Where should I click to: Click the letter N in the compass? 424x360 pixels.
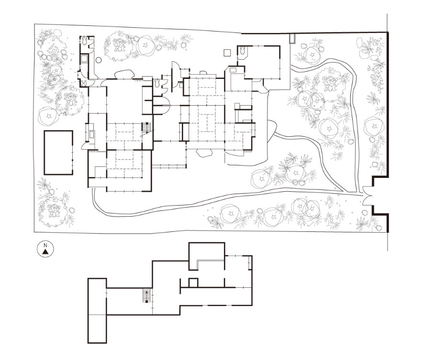(45, 245)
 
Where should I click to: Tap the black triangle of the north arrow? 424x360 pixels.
(45, 252)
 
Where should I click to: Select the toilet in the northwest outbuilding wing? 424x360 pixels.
(84, 41)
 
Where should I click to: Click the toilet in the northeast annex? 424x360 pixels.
(242, 50)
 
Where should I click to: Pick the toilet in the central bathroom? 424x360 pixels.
(157, 83)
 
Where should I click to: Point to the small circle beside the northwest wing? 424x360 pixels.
(99, 60)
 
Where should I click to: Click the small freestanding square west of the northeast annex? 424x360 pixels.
(227, 53)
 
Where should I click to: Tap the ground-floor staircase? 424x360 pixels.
(146, 127)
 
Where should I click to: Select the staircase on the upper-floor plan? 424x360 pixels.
(146, 295)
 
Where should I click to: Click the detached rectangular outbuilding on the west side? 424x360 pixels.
(58, 153)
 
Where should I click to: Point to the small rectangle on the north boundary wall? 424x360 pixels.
(292, 38)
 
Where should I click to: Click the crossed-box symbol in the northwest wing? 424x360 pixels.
(84, 83)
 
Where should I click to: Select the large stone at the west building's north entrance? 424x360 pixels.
(124, 74)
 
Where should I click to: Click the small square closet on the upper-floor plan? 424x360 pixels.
(193, 283)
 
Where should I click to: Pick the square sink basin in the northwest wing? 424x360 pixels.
(84, 58)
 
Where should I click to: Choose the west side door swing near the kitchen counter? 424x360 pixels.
(86, 146)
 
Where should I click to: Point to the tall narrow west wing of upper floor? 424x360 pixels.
(97, 311)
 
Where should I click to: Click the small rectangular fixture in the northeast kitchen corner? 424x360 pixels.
(233, 70)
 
